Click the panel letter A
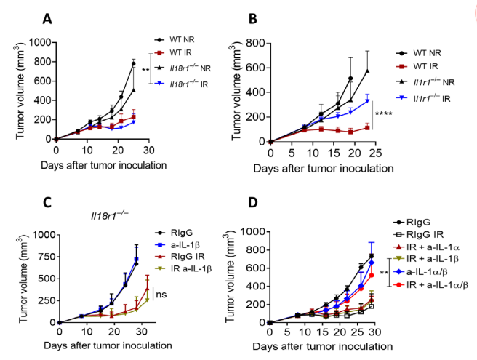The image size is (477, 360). [47, 19]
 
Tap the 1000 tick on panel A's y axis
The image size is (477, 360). [41, 42]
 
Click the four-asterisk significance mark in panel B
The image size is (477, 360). [384, 113]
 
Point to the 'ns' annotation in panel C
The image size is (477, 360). [161, 295]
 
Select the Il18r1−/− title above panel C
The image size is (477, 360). [110, 215]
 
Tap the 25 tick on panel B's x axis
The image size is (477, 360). [376, 153]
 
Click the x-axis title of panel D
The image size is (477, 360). [322, 346]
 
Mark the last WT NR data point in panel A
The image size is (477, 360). [133, 63]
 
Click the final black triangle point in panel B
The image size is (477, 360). [367, 71]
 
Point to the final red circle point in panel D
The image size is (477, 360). [372, 275]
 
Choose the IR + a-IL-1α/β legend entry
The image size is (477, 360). [430, 285]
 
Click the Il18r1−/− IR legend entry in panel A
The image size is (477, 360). [181, 84]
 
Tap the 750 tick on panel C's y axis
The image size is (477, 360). [44, 257]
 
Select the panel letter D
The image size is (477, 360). [253, 203]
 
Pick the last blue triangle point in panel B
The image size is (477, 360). [367, 101]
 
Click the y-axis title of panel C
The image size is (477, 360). [23, 279]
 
